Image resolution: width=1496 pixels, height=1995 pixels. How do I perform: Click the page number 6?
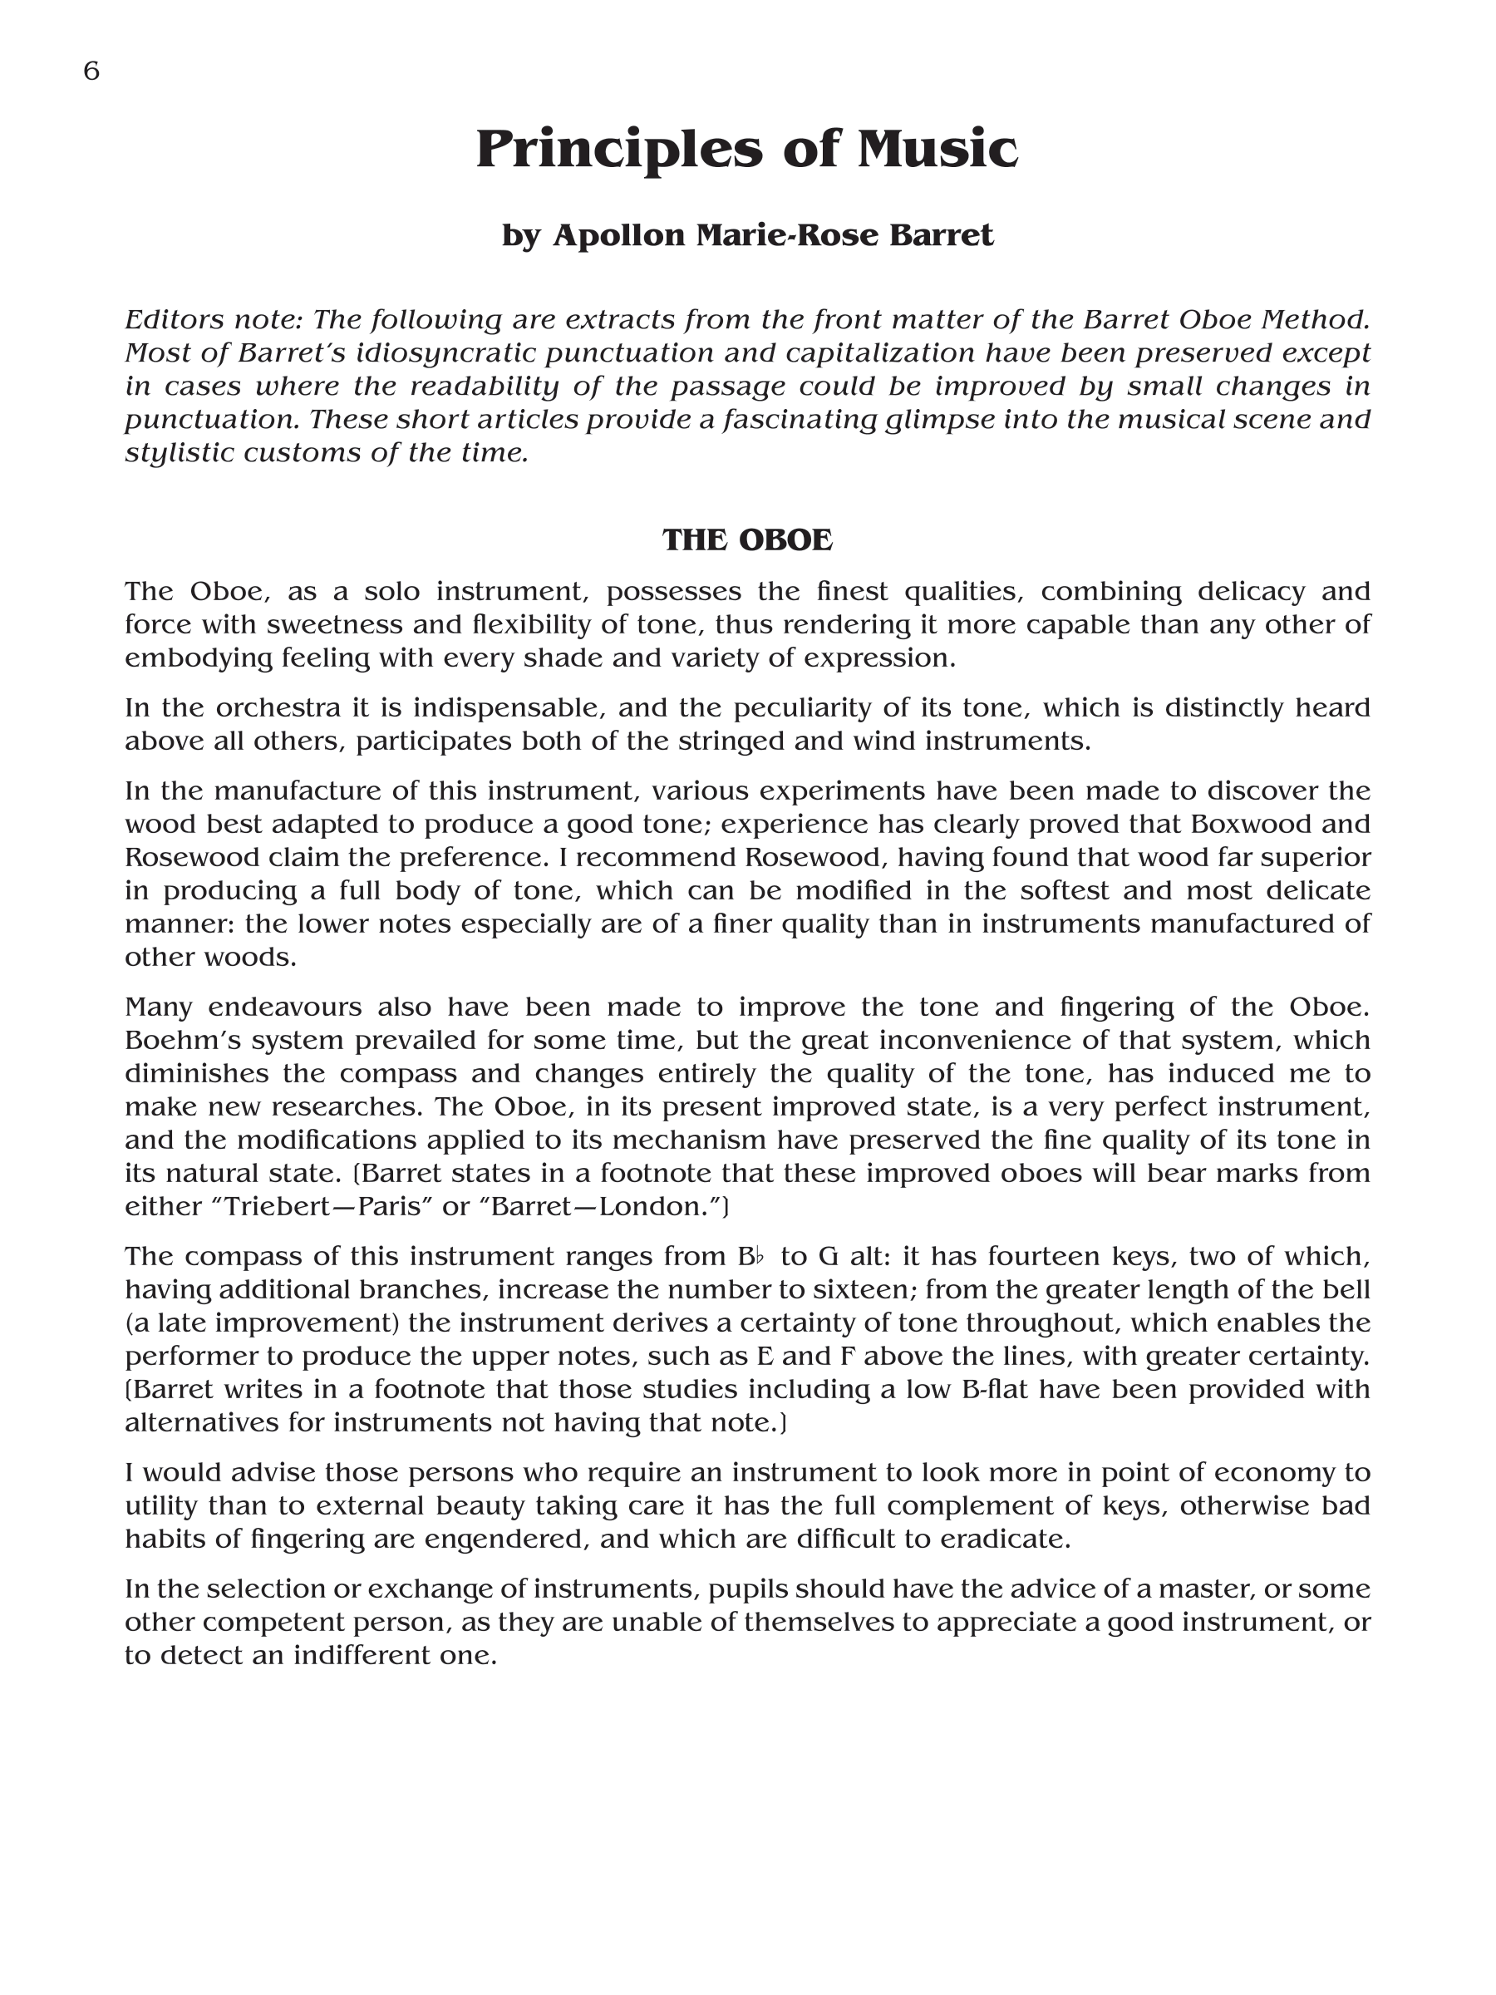click(91, 71)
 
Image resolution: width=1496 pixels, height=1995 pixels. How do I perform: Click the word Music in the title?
click(937, 149)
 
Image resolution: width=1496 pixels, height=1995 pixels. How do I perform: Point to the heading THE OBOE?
click(747, 540)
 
